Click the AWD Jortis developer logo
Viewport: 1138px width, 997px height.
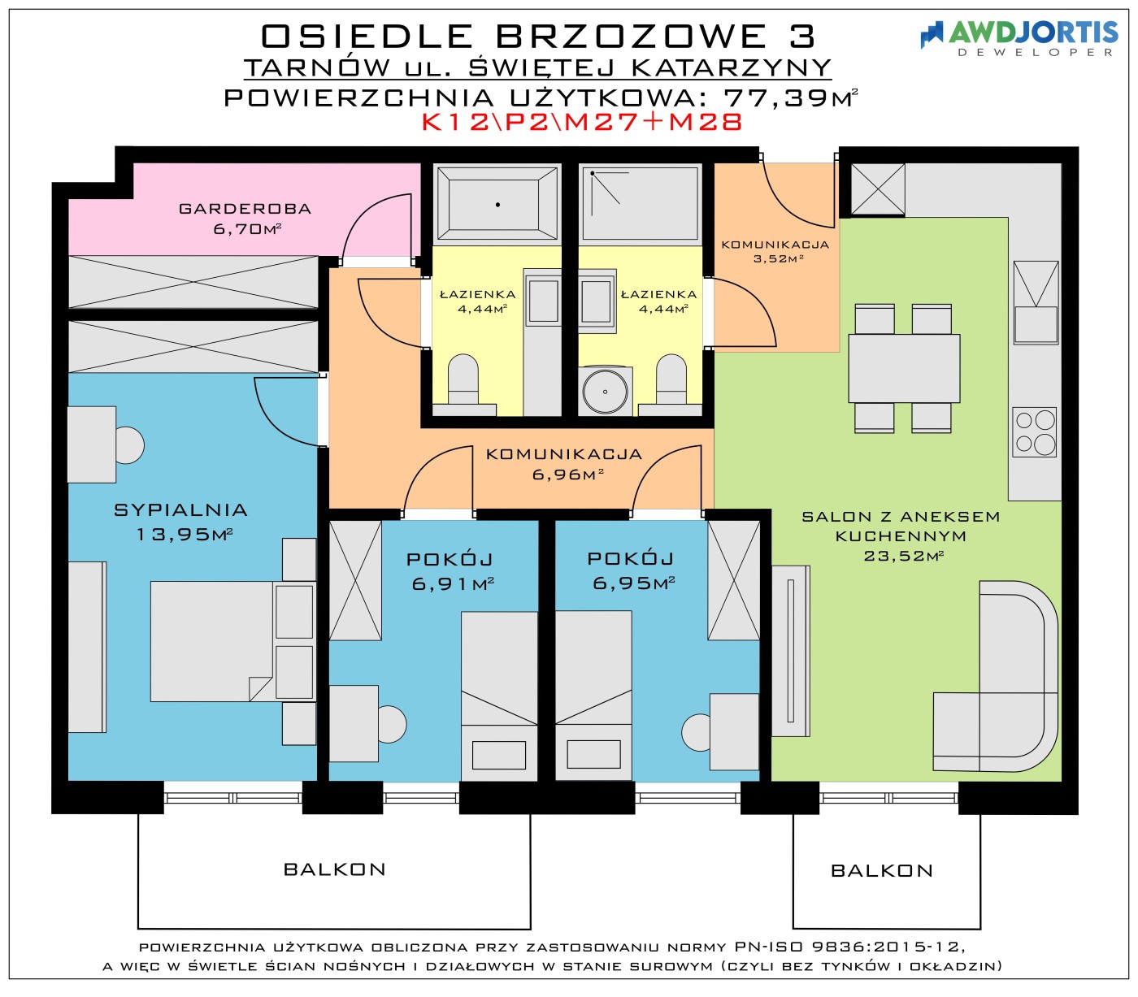click(x=1018, y=38)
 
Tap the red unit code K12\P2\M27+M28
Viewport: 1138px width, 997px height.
click(x=583, y=122)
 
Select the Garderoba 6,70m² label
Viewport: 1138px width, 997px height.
click(x=245, y=218)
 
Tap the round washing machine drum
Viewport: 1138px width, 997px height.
click(x=605, y=391)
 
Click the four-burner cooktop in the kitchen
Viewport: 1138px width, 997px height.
click(x=1034, y=431)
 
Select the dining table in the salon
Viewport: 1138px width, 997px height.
click(x=904, y=368)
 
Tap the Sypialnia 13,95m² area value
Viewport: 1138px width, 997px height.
click(x=185, y=534)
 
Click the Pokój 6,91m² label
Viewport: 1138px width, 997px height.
click(x=452, y=571)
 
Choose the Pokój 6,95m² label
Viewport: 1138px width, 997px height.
click(x=632, y=570)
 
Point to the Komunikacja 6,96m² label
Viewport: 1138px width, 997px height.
click(x=564, y=464)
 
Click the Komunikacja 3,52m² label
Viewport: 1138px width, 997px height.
click(x=775, y=251)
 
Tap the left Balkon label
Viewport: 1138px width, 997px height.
click(x=335, y=869)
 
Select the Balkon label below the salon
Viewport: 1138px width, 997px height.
click(x=882, y=870)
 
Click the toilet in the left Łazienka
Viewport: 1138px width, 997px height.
click(x=463, y=384)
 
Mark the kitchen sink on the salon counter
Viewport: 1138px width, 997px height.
click(x=1036, y=302)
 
